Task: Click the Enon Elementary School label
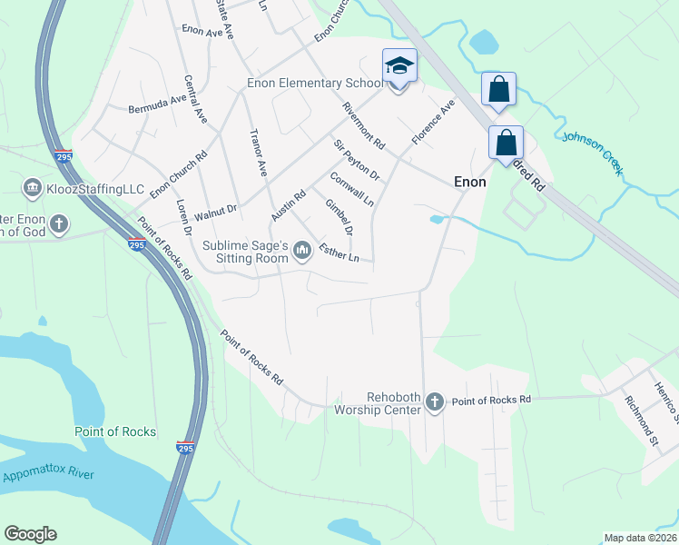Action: (315, 84)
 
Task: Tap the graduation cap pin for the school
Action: (399, 66)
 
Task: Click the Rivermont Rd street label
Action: (364, 125)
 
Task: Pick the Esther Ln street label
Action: (339, 257)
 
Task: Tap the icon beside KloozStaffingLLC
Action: (32, 188)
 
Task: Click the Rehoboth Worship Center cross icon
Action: (435, 401)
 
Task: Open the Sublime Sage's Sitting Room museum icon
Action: (302, 249)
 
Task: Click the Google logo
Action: (31, 534)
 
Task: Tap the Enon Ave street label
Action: (202, 31)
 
